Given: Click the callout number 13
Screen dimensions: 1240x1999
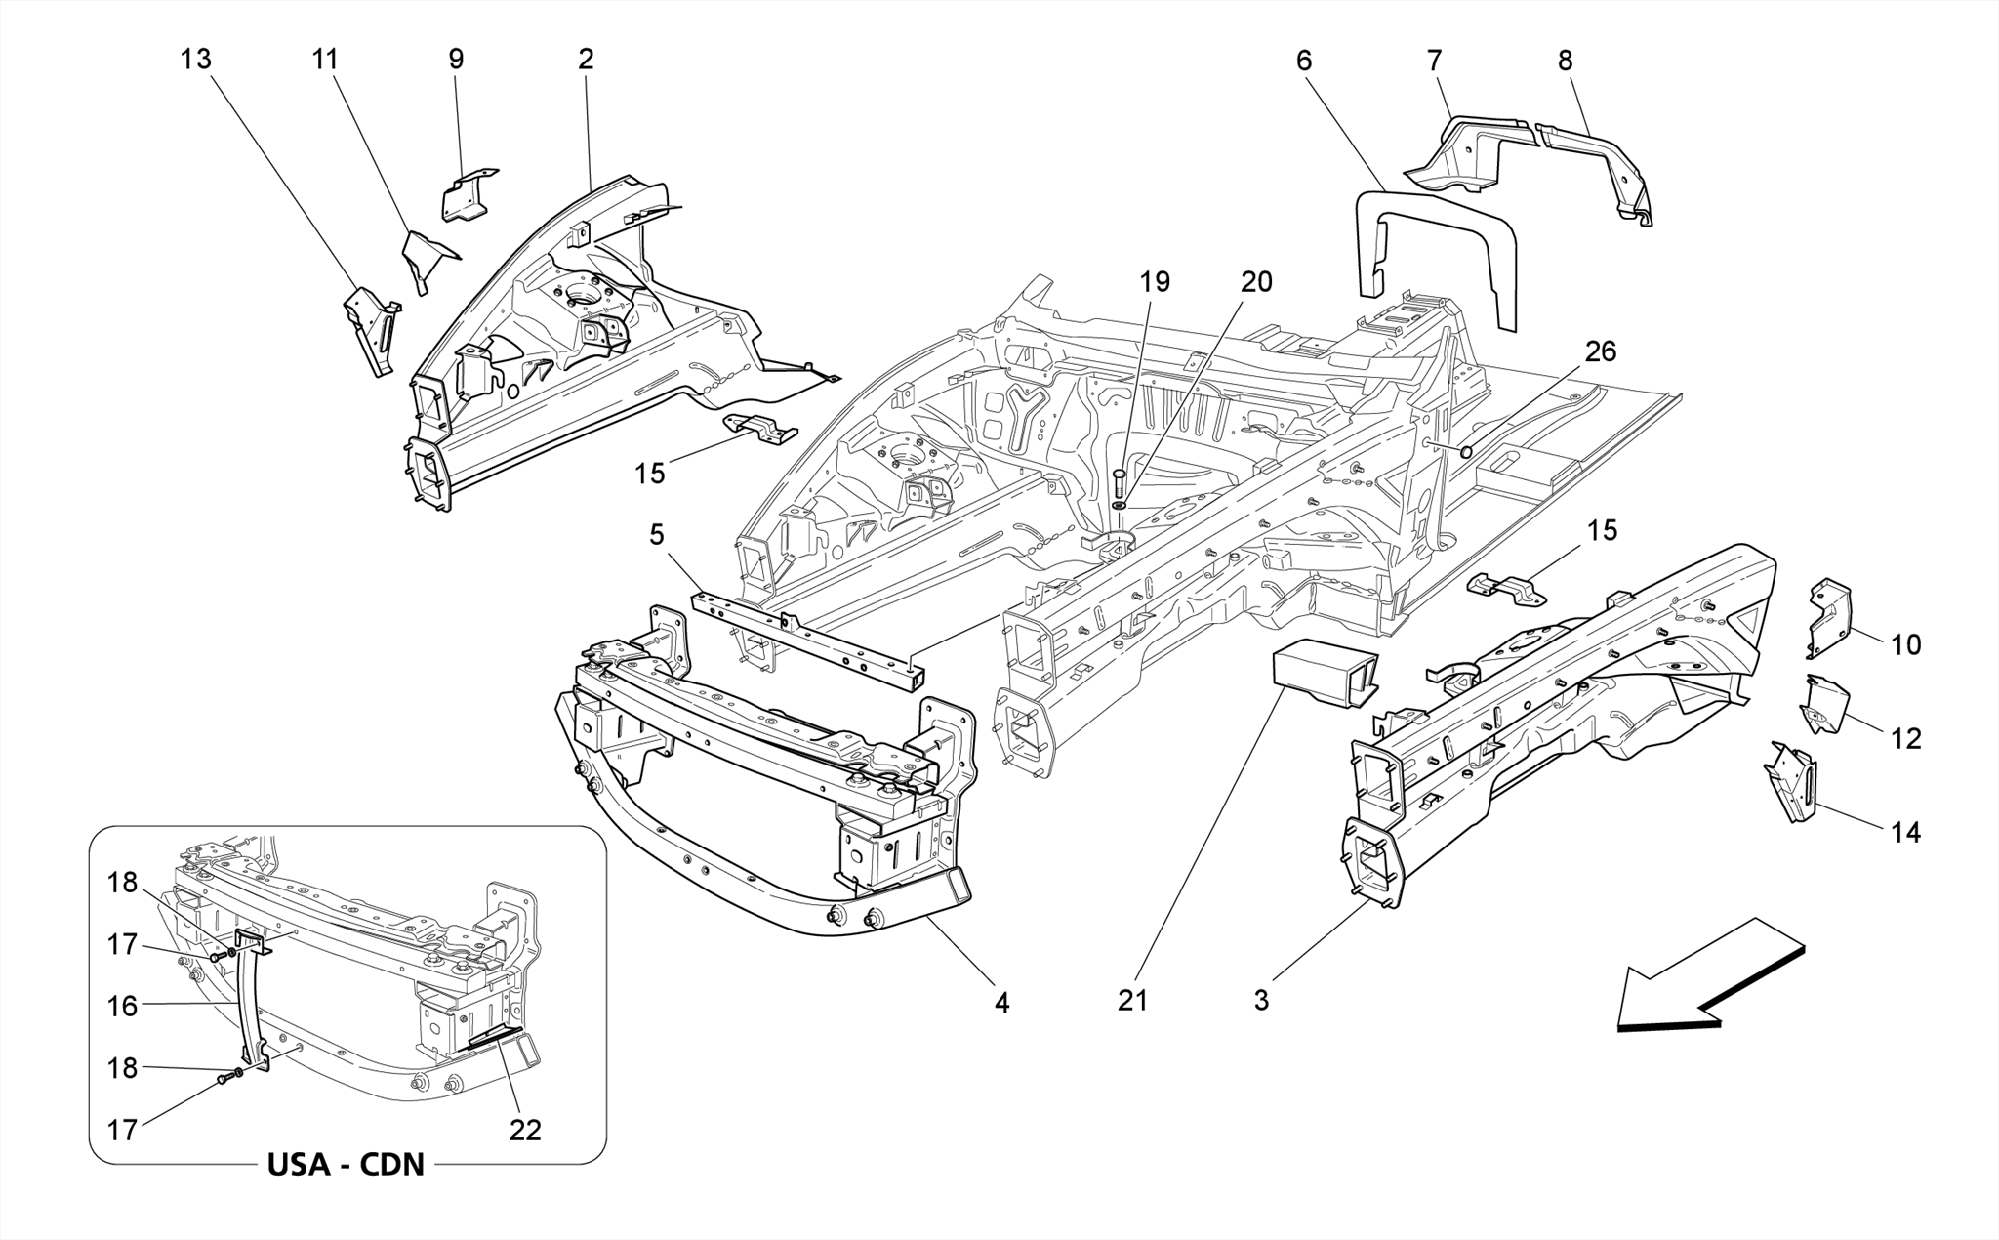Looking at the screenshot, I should (195, 60).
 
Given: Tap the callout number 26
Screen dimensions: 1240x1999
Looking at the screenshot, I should (1600, 351).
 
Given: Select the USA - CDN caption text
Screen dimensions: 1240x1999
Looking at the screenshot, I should (346, 1165).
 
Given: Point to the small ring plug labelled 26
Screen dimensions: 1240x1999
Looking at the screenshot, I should (1466, 451).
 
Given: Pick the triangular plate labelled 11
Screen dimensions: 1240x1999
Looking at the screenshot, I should (428, 254).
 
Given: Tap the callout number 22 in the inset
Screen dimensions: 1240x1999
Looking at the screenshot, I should (525, 1130).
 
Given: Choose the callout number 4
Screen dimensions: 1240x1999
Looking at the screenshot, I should (1002, 1002).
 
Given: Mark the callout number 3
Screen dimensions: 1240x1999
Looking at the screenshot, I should (1261, 1000).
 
